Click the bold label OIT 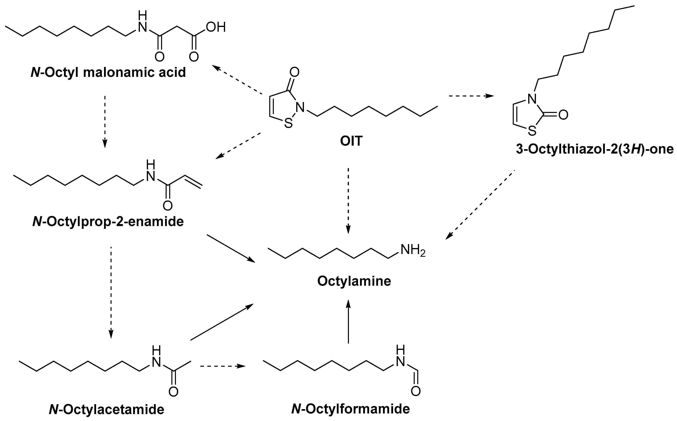point(351,141)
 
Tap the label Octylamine point(354,281)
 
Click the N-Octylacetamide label point(106,409)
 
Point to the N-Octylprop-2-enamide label point(108,222)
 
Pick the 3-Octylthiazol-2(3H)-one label point(595,150)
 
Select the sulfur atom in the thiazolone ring point(532,131)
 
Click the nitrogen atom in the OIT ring point(301,107)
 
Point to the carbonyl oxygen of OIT point(294,72)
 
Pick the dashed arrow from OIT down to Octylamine point(348,200)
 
